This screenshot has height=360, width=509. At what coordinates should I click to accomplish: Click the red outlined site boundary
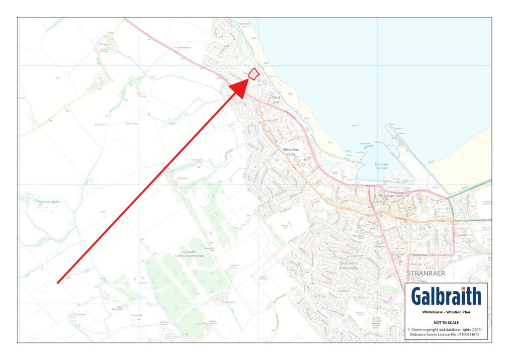click(x=254, y=74)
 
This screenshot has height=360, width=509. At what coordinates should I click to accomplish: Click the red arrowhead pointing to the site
click(x=241, y=88)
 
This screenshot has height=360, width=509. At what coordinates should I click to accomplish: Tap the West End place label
click(x=275, y=100)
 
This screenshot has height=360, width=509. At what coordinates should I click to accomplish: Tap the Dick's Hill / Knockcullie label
click(x=349, y=265)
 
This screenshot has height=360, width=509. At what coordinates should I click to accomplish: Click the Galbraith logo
click(x=446, y=297)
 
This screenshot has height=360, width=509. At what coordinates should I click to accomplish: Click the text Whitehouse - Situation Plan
click(x=446, y=313)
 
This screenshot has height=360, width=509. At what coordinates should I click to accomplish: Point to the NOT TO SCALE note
click(x=446, y=322)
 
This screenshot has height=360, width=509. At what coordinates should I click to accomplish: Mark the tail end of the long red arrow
click(x=58, y=283)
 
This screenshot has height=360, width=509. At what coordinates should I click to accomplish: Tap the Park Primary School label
click(x=359, y=237)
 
